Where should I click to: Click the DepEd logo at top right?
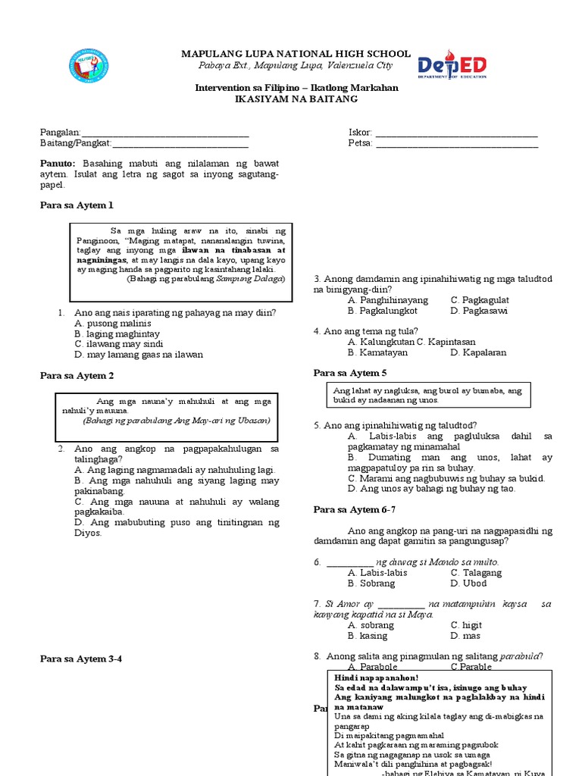(452, 66)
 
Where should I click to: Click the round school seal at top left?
(88, 67)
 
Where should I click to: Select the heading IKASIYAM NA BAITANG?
(296, 99)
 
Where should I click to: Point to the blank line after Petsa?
(457, 143)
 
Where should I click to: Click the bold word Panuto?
(58, 164)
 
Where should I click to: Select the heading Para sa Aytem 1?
(76, 205)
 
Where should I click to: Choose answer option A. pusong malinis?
(112, 323)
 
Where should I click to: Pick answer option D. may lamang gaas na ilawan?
(133, 354)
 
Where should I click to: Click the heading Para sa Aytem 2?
(77, 375)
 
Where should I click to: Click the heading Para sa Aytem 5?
(350, 373)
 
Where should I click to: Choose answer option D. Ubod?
(467, 584)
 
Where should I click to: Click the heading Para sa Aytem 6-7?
(354, 509)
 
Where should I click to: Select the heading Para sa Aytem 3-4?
(80, 659)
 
